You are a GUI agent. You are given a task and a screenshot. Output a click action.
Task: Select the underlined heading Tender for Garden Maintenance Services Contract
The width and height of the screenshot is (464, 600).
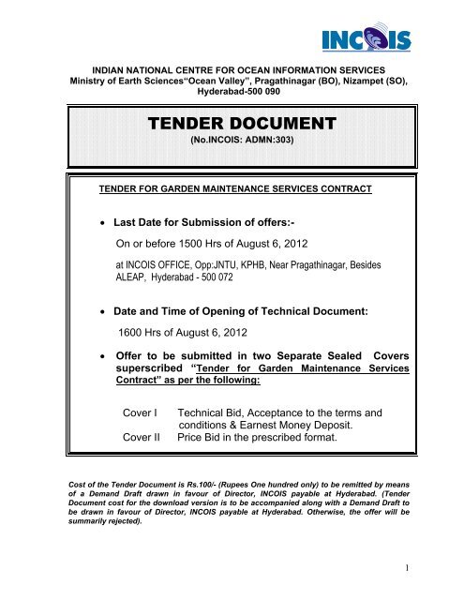click(x=235, y=188)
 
